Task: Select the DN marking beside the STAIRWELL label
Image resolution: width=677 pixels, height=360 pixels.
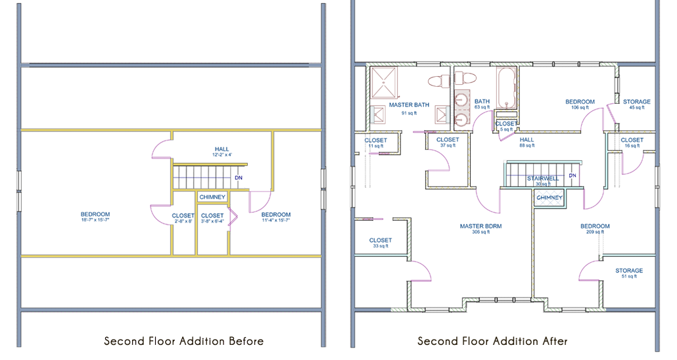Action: click(x=572, y=176)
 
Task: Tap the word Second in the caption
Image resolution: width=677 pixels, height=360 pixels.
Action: click(x=123, y=341)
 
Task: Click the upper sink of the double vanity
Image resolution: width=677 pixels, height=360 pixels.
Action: click(x=461, y=101)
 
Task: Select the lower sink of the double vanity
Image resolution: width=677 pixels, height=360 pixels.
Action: click(x=461, y=119)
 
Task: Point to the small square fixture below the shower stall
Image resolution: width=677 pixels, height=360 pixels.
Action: click(x=379, y=116)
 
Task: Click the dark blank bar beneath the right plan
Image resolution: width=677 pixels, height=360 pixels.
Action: click(x=492, y=341)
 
